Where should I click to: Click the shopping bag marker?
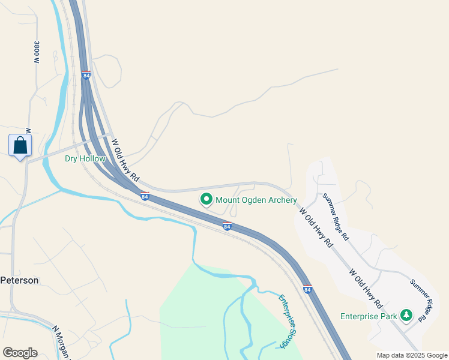[x=20, y=145]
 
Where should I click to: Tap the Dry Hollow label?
[x=85, y=159]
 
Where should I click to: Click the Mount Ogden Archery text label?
[x=256, y=200]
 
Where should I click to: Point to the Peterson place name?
[x=19, y=280]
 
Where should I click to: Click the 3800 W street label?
[x=37, y=52]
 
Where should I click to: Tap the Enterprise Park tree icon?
[x=406, y=315]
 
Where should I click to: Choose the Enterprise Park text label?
[x=369, y=316]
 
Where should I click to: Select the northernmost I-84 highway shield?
[x=86, y=76]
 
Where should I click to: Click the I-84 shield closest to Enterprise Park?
[x=307, y=289]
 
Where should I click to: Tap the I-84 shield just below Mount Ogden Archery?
[x=227, y=226]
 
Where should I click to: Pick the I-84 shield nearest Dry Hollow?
[x=145, y=196]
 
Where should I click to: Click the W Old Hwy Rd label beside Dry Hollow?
[x=125, y=160]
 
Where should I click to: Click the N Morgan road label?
[x=62, y=342]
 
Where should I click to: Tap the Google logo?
[x=20, y=353]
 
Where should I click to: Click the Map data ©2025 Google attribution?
[x=412, y=355]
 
